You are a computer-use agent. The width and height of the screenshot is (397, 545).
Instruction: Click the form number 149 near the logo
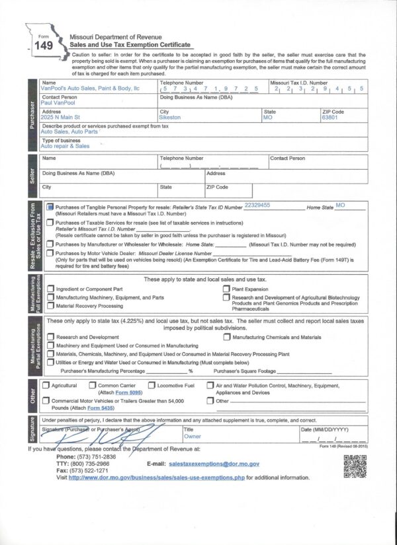(x=43, y=46)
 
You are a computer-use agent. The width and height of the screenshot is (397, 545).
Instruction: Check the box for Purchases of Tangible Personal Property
(x=50, y=207)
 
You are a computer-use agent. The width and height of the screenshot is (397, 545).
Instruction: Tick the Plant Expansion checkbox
(x=226, y=289)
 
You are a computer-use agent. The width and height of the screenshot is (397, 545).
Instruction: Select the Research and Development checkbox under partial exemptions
(x=50, y=338)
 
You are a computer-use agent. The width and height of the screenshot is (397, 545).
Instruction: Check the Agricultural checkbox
(x=46, y=385)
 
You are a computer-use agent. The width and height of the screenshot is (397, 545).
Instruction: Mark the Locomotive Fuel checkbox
(x=152, y=385)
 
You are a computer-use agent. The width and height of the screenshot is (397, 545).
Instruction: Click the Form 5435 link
(x=99, y=408)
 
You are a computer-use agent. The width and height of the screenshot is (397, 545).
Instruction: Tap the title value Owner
(x=193, y=437)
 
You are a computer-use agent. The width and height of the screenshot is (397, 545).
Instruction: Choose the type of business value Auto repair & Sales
(x=66, y=146)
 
